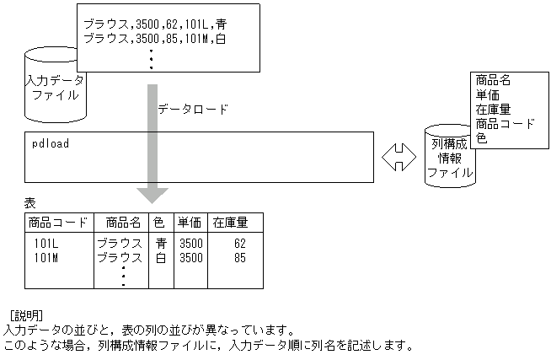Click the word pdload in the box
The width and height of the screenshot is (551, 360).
(x=50, y=143)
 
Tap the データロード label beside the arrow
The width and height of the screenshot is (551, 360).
(x=193, y=109)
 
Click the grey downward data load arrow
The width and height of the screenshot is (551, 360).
(x=152, y=142)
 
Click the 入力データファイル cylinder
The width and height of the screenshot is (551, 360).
(x=55, y=88)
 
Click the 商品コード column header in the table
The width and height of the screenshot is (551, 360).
(x=57, y=223)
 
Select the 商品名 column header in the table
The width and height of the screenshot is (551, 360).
(x=122, y=223)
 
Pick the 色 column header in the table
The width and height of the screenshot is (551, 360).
(x=160, y=223)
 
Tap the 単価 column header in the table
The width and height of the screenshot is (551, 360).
(x=189, y=223)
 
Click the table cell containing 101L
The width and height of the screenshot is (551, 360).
(x=46, y=244)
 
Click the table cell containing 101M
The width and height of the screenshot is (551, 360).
(x=46, y=257)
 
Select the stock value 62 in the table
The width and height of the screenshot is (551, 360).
(x=239, y=244)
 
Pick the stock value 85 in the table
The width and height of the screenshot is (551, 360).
(x=239, y=257)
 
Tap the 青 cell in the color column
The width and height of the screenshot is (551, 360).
(x=161, y=244)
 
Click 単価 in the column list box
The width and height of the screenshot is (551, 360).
(x=488, y=94)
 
